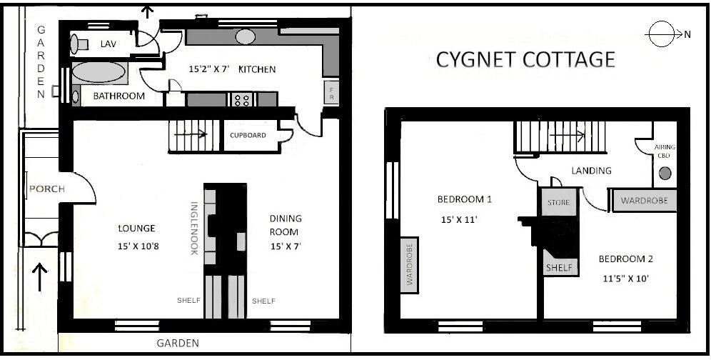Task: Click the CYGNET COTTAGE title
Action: point(525,59)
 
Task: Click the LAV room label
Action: point(108,44)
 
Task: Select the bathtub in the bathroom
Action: point(99,74)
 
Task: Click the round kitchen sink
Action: point(246,36)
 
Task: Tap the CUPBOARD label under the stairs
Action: point(248,135)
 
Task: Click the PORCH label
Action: point(47,189)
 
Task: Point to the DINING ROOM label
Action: point(286,225)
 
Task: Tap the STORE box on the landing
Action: point(558,203)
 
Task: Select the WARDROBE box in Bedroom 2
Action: point(645,201)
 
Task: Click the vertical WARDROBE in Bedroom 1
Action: point(410,262)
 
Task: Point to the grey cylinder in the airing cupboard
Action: point(665,173)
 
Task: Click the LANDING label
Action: point(591,171)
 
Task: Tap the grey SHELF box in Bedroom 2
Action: point(559,267)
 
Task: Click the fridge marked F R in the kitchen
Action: point(331,92)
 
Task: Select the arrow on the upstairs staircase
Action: point(577,134)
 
